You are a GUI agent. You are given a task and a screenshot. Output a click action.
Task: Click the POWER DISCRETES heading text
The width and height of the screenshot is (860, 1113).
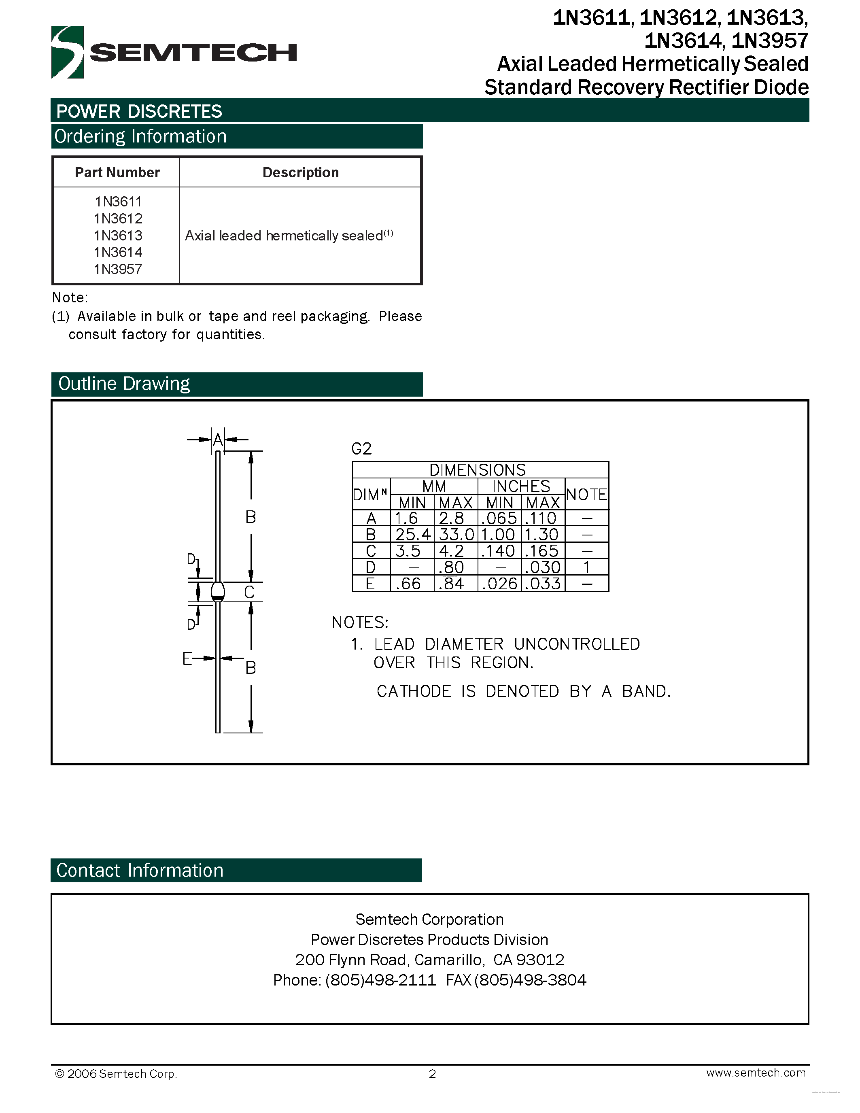[x=139, y=111]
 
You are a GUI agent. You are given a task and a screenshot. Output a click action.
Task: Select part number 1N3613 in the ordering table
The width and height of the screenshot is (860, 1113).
[x=118, y=236]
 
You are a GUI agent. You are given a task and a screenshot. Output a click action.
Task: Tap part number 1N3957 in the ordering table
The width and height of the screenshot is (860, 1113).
[x=118, y=269]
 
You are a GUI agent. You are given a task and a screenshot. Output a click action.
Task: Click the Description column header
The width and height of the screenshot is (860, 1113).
[x=300, y=172]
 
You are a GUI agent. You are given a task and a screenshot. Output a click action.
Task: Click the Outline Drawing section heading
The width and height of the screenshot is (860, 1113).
[x=124, y=384]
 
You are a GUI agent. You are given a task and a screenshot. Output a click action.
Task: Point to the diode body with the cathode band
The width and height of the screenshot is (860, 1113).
[x=218, y=591]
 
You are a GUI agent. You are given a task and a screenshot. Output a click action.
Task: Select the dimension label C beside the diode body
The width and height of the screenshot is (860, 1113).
[x=249, y=592]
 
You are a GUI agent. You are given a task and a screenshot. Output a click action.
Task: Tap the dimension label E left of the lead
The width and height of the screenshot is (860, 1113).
[x=187, y=658]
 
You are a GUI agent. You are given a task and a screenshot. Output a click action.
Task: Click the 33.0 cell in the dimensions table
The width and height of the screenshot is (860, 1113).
[x=456, y=535]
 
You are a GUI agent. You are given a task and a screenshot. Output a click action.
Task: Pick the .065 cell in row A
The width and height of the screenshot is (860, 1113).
[x=499, y=518]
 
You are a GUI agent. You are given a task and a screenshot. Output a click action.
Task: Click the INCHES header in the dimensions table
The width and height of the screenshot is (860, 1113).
[x=521, y=486]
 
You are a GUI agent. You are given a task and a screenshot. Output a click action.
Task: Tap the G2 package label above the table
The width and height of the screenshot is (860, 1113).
[x=361, y=449]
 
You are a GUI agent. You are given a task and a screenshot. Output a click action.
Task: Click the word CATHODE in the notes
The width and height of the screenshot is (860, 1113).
[x=414, y=692]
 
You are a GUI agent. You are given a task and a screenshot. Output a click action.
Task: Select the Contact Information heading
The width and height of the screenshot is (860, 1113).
[x=140, y=871]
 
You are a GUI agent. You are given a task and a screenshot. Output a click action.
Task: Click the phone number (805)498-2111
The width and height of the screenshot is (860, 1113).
[x=380, y=980]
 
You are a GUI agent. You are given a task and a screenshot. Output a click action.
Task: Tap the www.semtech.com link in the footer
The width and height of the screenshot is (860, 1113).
[x=756, y=1073]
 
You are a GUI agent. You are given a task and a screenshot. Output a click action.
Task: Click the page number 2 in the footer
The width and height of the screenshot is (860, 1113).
[x=432, y=1074]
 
